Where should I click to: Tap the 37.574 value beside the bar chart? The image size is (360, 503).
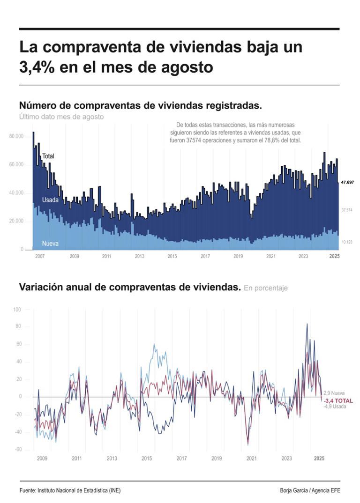click(x=346, y=210)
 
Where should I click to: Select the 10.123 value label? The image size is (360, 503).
click(x=346, y=242)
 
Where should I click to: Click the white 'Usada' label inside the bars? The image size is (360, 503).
click(x=50, y=200)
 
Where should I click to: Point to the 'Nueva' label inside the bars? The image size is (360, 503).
click(x=50, y=244)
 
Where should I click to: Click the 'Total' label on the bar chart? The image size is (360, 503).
click(x=48, y=156)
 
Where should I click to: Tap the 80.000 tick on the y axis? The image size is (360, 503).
click(x=16, y=136)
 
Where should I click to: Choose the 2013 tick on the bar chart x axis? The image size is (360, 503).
click(x=139, y=257)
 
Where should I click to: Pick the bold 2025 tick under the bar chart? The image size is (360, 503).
click(x=334, y=257)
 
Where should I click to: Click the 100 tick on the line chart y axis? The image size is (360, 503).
click(x=17, y=310)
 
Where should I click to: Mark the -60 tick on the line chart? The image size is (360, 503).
click(x=17, y=450)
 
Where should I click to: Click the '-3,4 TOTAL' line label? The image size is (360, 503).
click(x=338, y=401)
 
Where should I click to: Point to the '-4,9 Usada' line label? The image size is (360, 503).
click(x=335, y=407)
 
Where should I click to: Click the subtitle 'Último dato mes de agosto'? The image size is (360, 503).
click(x=61, y=117)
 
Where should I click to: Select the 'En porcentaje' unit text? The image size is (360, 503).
click(x=265, y=288)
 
